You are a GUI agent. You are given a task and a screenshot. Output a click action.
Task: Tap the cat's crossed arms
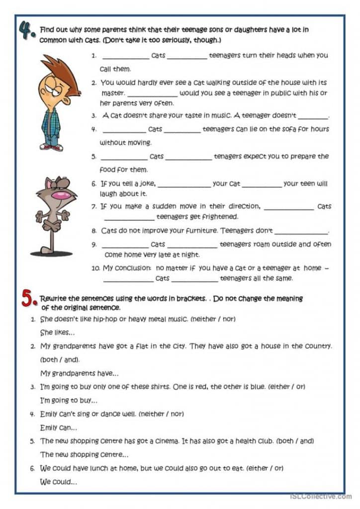pos(52,219)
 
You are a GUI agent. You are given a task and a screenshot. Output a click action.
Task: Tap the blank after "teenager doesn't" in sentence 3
pos(313,116)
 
